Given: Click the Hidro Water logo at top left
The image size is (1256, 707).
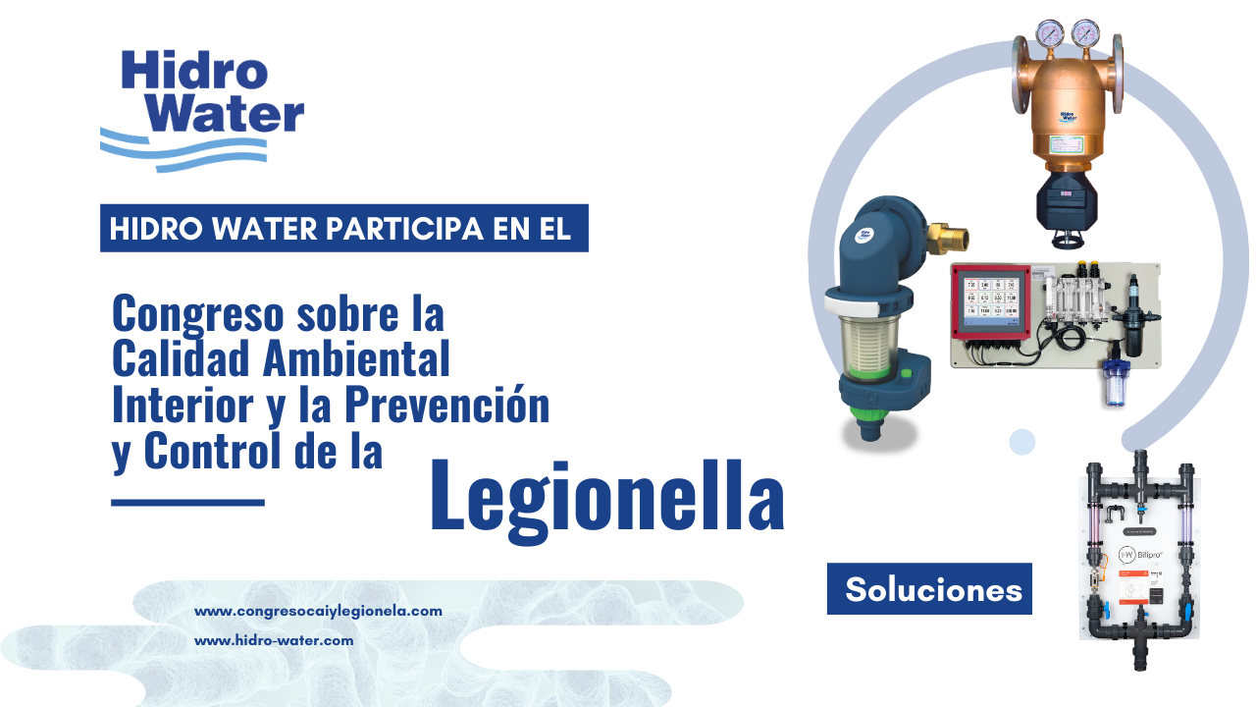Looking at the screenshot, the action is (x=202, y=111).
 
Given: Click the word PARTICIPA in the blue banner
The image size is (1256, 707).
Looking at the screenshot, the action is (x=404, y=229).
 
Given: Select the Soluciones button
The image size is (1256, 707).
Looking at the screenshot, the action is (x=929, y=588).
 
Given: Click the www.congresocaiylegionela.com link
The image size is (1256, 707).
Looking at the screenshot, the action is (x=318, y=611).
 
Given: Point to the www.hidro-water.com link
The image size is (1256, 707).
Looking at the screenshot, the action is (x=274, y=641).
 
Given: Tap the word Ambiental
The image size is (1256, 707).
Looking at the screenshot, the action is (x=356, y=358).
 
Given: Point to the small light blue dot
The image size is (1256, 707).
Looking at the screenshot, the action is (x=1021, y=442).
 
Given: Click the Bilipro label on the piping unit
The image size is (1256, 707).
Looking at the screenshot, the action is (x=1141, y=555).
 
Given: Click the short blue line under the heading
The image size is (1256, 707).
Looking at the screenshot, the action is (x=187, y=503).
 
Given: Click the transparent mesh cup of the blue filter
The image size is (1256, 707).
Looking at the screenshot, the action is (x=868, y=345).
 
